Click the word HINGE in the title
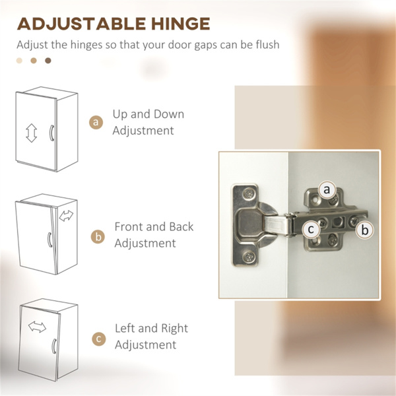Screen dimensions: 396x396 pos(181,24)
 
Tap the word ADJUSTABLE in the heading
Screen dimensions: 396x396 pos(81,24)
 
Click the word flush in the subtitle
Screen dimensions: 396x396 pos(267,44)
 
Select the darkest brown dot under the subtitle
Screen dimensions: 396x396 pos(48,61)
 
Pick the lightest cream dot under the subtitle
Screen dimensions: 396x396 pos(19,61)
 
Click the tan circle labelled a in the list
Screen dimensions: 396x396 pos(96,122)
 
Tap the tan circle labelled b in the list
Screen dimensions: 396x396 pos(98,237)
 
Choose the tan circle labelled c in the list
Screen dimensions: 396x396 pos(99,339)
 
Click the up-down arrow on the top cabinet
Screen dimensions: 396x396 pos(31,133)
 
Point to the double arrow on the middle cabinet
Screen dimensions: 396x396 pos(66,216)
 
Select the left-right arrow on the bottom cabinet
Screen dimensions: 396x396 pos(37,327)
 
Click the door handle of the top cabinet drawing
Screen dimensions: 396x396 pos(51,133)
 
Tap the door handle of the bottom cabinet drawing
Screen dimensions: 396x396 pos(54,346)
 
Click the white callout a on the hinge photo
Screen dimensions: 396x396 pos(327,189)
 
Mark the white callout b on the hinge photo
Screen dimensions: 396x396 pos(365,230)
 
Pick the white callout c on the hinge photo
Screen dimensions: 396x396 pos(311,229)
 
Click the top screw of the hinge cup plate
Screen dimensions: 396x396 pos(249,194)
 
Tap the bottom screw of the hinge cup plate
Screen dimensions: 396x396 pos(249,257)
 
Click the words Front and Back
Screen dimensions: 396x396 pos(154,226)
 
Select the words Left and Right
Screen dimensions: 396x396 pos(152,328)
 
